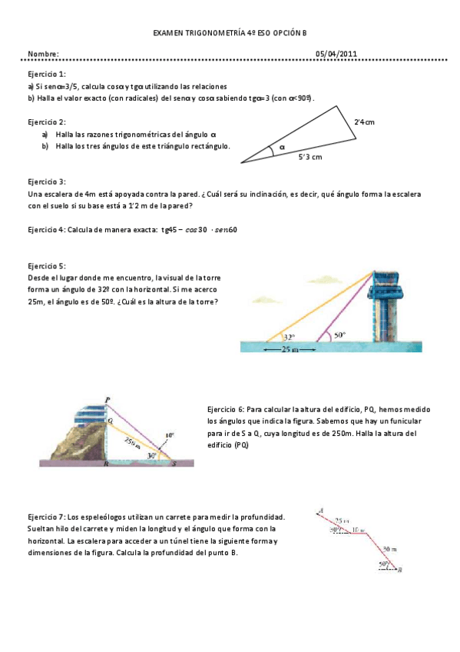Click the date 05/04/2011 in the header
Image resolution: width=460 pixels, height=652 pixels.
336,54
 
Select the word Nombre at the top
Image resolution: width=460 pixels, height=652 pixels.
43,54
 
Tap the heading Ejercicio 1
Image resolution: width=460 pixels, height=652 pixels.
46,73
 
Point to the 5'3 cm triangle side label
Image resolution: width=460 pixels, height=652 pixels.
310,157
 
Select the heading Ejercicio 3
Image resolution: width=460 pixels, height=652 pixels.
46,181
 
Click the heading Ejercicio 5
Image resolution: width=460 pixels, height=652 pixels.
46,266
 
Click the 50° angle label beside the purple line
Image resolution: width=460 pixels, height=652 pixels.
339,335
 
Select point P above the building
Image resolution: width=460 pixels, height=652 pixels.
108,398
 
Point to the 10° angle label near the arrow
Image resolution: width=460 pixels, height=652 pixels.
169,434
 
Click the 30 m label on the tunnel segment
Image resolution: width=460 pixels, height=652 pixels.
390,549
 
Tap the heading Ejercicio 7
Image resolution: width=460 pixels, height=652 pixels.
46,517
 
